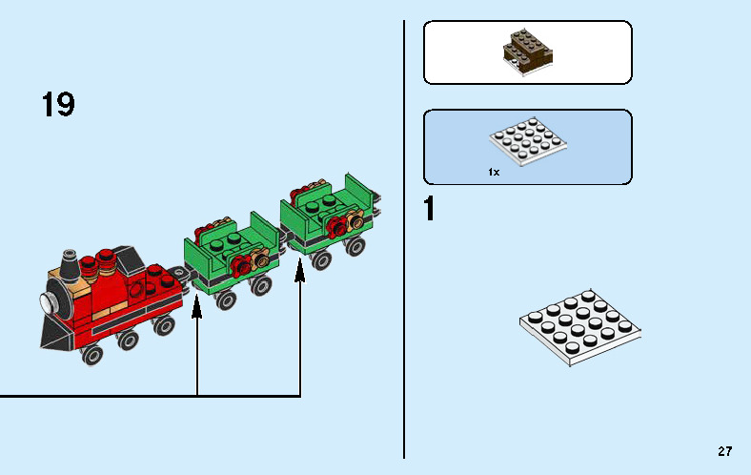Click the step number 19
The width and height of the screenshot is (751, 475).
click(58, 105)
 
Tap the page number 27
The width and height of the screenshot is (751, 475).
click(725, 451)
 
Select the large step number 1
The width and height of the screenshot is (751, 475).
click(430, 209)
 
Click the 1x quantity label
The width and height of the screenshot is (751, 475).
click(494, 173)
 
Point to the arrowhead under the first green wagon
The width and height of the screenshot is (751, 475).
click(197, 306)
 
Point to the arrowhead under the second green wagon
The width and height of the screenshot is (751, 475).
click(300, 274)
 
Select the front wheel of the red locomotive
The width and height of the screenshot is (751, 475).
click(92, 354)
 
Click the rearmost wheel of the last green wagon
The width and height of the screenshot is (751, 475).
click(356, 247)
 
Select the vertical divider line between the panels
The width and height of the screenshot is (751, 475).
click(405, 238)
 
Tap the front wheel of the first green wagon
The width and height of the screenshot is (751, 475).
click(226, 300)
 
